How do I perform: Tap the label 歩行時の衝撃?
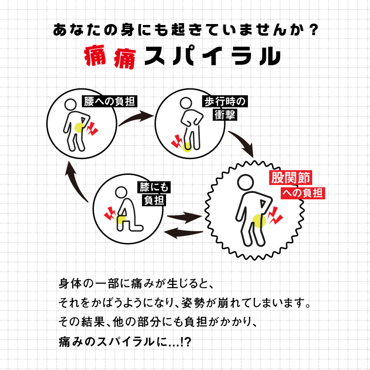coord(225,108)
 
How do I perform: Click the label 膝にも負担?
coord(154,193)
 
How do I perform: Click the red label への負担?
coord(303,193)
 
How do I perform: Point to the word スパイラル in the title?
coord(212,56)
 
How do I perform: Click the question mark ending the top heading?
coord(313,31)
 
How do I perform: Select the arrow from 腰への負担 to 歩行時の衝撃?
coord(136,118)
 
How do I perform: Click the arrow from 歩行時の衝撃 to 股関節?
coord(242,143)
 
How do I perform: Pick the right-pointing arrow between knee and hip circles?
coord(185,216)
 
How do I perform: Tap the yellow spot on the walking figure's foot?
coord(187,147)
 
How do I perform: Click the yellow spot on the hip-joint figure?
coord(259,220)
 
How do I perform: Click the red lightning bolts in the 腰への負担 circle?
coord(92,128)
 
